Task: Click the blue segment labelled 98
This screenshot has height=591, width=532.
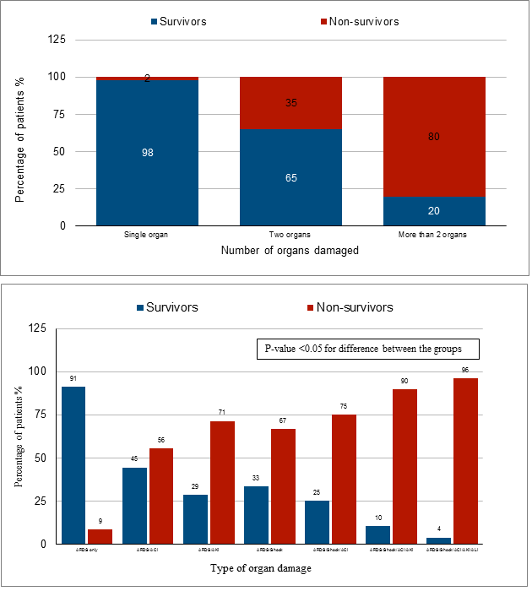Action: (x=147, y=153)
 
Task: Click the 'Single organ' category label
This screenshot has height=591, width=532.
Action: (x=147, y=234)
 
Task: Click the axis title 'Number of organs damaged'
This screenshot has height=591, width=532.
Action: (x=291, y=251)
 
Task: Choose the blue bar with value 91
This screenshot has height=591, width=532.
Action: (x=73, y=465)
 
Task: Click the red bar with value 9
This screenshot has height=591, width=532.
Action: (x=100, y=536)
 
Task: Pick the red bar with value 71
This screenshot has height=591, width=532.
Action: (x=222, y=482)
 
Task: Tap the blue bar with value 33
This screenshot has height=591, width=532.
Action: (x=257, y=515)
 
